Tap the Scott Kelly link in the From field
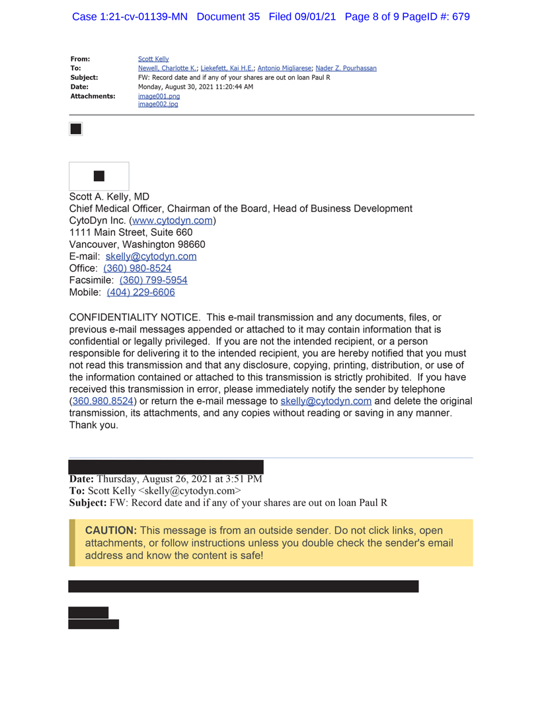(x=153, y=59)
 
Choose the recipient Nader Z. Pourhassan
(x=346, y=69)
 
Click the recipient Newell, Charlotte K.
(x=167, y=69)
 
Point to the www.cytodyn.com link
(x=173, y=221)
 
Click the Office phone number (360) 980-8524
(x=137, y=268)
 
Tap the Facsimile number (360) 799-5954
(x=153, y=280)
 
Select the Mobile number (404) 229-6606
(x=141, y=292)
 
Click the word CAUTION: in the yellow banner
(x=111, y=531)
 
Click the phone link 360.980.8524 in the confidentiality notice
(x=103, y=401)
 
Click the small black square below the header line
(x=76, y=129)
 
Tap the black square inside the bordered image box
(x=99, y=176)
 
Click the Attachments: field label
(x=93, y=96)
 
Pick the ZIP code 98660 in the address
(x=192, y=244)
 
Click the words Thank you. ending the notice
(x=94, y=425)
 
